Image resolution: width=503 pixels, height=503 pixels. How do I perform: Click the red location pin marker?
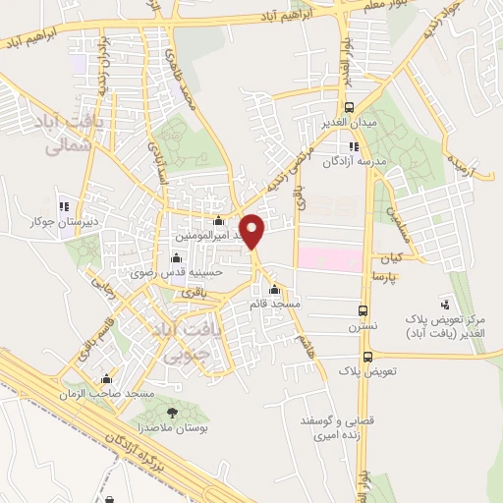(253, 231)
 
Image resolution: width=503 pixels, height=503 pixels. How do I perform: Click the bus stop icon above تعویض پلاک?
(367, 358)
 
